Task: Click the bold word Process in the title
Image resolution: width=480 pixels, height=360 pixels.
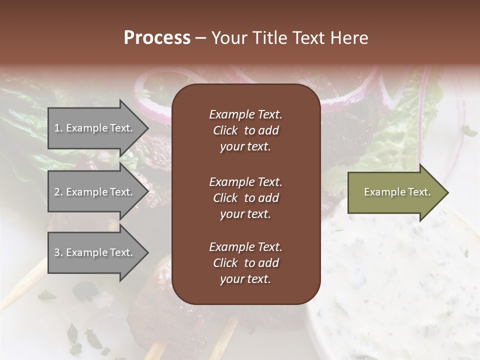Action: (x=156, y=38)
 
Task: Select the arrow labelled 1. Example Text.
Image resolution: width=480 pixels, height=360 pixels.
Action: (x=95, y=128)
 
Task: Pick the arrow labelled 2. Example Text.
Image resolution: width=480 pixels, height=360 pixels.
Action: (x=95, y=192)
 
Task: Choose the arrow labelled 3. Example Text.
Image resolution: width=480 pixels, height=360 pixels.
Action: (x=95, y=252)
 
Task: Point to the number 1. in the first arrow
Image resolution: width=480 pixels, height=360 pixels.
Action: (x=58, y=128)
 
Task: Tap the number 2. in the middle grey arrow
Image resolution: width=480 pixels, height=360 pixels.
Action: (x=58, y=192)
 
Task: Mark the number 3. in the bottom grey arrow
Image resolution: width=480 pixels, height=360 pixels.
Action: (x=58, y=252)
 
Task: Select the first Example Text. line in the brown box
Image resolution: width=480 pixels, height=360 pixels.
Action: (x=245, y=114)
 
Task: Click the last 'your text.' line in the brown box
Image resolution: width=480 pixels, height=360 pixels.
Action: (x=245, y=279)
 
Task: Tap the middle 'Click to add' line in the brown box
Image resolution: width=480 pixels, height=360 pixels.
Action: (x=245, y=198)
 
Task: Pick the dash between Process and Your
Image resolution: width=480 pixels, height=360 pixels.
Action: (x=200, y=38)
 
